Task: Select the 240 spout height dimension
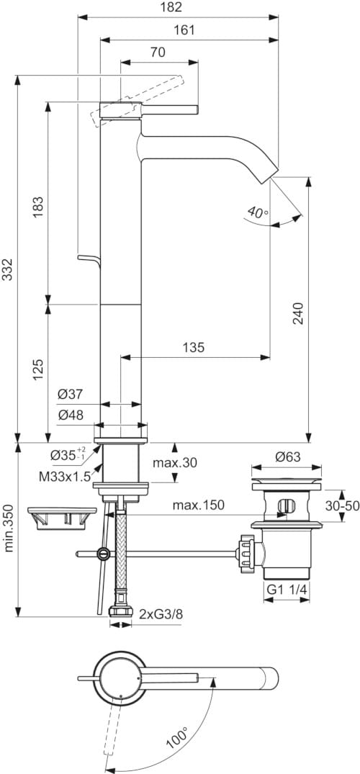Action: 299,313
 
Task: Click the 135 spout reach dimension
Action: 193,347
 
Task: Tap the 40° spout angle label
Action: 256,212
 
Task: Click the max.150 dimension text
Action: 198,505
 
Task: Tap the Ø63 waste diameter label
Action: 288,456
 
